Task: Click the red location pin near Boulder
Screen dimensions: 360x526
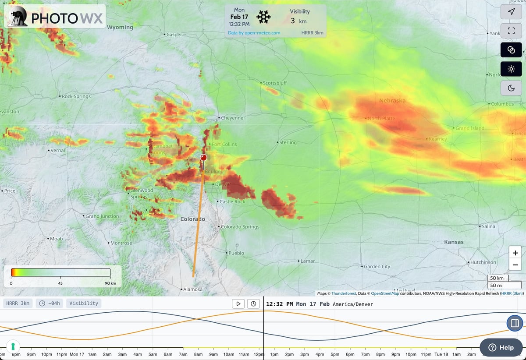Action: coord(203,158)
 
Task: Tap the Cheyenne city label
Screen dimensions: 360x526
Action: coord(232,118)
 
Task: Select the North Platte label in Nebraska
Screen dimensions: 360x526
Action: coord(381,118)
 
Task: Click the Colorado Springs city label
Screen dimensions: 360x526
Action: coord(240,227)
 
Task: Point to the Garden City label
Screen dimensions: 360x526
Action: coord(377,266)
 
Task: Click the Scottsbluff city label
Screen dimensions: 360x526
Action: coord(275,83)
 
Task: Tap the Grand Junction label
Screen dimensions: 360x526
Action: coord(102,216)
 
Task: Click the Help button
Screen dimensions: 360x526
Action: coord(501,347)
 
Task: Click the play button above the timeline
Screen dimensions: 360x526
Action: coord(238,304)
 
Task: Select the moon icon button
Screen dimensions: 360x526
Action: coord(511,88)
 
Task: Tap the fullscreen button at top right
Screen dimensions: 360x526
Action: coord(511,31)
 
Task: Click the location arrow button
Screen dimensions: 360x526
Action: coord(511,12)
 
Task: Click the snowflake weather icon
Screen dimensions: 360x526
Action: coord(263,17)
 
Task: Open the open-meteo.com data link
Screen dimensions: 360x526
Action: coord(254,33)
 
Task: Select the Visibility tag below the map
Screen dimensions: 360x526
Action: coord(83,303)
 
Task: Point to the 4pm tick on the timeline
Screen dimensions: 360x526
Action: coord(320,354)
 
